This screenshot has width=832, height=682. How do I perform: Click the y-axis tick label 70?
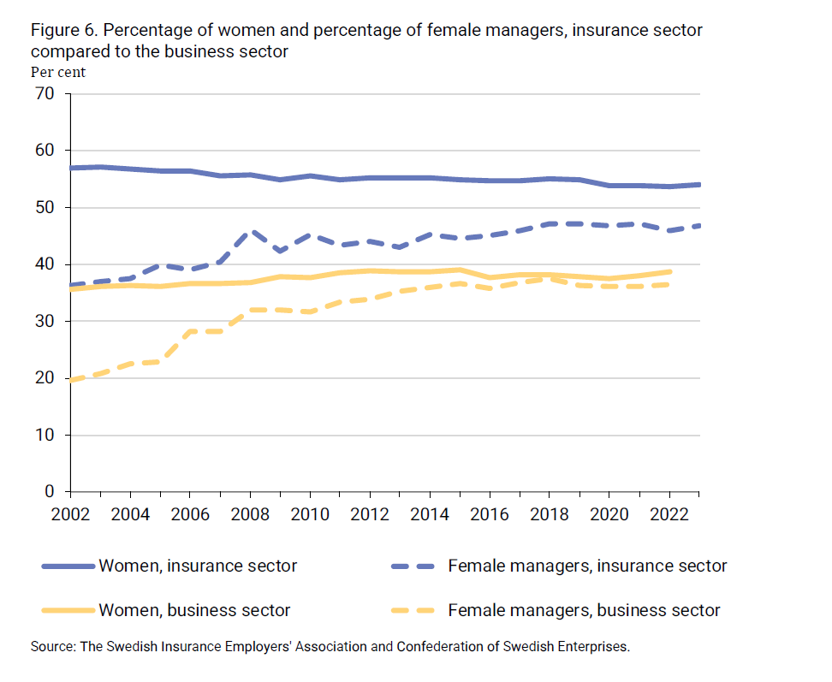tap(44, 93)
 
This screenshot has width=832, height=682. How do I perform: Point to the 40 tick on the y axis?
tap(44, 264)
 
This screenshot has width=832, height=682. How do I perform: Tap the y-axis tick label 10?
tap(44, 435)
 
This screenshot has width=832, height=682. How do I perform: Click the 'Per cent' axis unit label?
tap(57, 72)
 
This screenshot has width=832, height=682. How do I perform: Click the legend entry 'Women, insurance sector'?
tap(198, 566)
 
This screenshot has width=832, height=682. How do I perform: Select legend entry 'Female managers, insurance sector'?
tap(587, 566)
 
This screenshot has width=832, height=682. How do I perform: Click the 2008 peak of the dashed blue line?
tap(250, 231)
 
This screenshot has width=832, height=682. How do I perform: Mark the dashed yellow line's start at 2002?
tap(71, 380)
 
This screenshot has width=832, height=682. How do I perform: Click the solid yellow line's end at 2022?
tap(669, 271)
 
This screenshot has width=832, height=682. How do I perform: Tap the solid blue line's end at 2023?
tap(698, 184)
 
